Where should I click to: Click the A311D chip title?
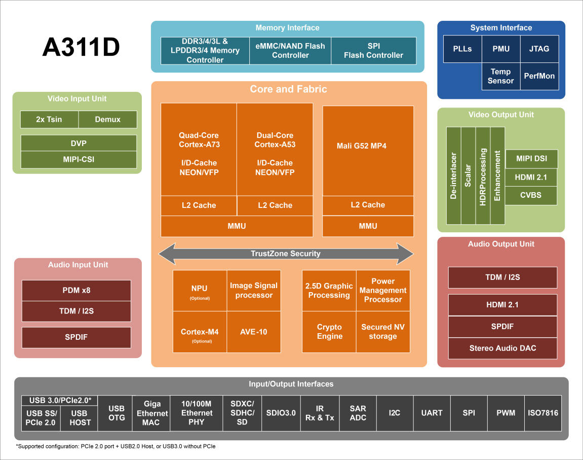[81, 48]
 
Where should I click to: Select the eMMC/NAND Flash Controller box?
[290, 50]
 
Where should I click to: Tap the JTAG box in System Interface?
[539, 49]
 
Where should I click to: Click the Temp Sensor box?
[500, 76]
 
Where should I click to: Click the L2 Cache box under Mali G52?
[368, 205]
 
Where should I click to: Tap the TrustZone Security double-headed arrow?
[286, 254]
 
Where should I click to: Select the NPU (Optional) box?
[200, 291]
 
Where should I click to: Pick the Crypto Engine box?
[329, 332]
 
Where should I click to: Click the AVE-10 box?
[253, 332]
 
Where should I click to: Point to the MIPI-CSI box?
[79, 160]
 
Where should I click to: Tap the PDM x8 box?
[76, 291]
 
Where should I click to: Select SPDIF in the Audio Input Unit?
[76, 337]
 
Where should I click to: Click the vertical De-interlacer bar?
[454, 175]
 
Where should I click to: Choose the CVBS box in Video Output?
[531, 195]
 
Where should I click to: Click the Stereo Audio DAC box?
[502, 348]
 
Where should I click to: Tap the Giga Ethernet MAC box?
[151, 413]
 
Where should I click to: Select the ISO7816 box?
[543, 413]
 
